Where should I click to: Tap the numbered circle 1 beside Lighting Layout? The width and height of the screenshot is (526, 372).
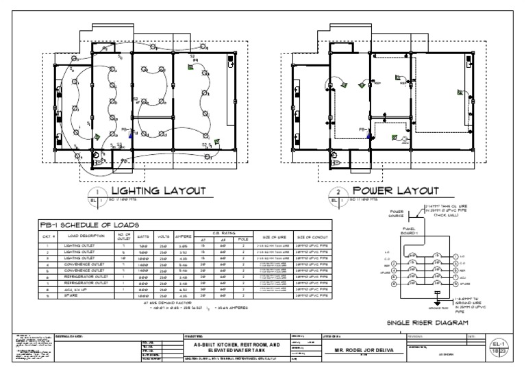[x=98, y=193]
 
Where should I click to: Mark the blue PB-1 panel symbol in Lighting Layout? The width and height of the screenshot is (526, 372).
[x=130, y=130]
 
